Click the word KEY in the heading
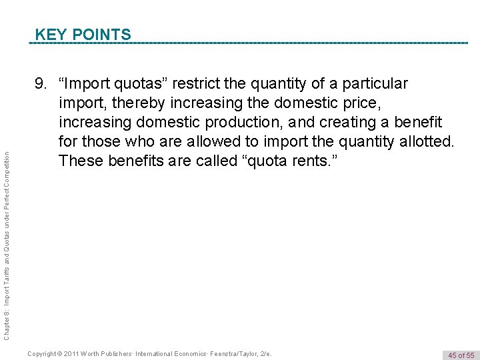tap(49, 34)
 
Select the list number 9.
tap(41, 84)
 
